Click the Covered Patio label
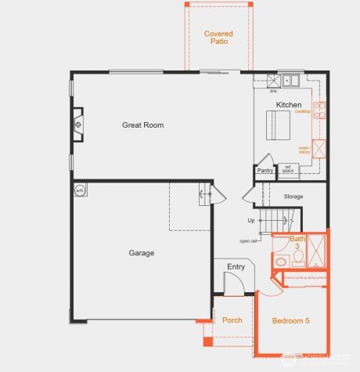[x=218, y=38]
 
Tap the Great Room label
[x=142, y=125]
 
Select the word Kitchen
[x=288, y=105]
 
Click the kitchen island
[x=279, y=123]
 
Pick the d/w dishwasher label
[x=274, y=92]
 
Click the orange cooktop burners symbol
[x=318, y=106]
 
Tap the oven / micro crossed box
[x=319, y=149]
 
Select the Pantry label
[x=265, y=171]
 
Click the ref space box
[x=287, y=168]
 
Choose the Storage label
[x=293, y=197]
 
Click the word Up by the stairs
[x=250, y=220]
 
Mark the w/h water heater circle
[x=79, y=190]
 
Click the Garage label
[x=142, y=253]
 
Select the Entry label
[x=236, y=267]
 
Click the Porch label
[x=232, y=320]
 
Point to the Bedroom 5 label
[x=290, y=321]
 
